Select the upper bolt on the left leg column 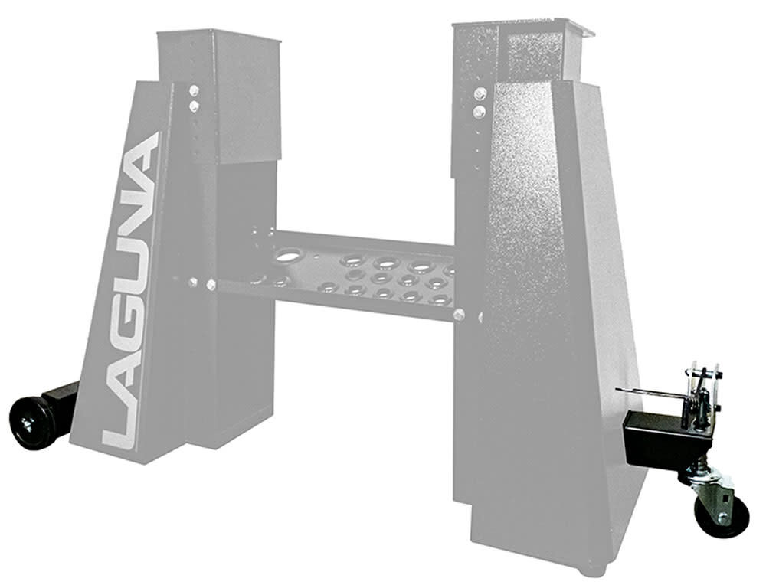tap(195, 90)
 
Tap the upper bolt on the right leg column tap(480, 94)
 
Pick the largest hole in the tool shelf tap(289, 256)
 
